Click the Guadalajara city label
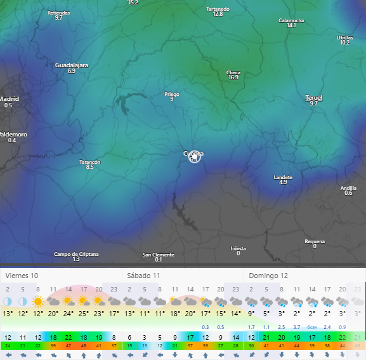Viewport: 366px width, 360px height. [x=72, y=65]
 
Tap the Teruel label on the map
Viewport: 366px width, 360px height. [x=314, y=98]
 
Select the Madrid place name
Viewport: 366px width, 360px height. [x=9, y=99]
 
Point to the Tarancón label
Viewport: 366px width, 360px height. [x=90, y=162]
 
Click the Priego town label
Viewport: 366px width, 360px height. [x=172, y=94]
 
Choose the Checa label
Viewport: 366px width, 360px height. [x=233, y=72]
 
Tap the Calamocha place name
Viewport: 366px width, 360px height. [x=291, y=20]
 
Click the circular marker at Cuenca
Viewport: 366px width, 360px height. [x=194, y=157]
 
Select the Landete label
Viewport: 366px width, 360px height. [x=283, y=177]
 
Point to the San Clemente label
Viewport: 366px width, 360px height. [x=158, y=254]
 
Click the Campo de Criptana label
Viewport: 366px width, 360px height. [x=76, y=254]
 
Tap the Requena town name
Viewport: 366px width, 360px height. [x=315, y=241]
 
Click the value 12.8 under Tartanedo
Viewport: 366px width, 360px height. [x=218, y=14]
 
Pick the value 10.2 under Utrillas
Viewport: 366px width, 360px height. [x=344, y=43]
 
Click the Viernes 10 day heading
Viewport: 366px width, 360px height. [x=22, y=276]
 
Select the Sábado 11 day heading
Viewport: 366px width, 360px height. [x=143, y=276]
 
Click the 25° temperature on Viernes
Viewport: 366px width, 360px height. [x=83, y=313]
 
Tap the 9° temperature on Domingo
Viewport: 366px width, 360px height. [x=251, y=313]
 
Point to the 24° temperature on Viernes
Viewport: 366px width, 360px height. [x=68, y=313]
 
